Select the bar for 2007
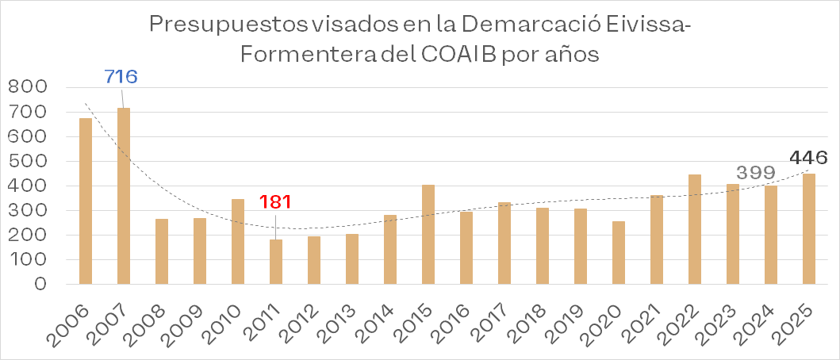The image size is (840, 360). pos(124,196)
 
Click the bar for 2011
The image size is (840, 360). pos(276,262)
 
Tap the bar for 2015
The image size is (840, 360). pos(428,234)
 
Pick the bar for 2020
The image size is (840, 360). pos(618,252)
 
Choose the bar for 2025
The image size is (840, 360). pos(808,228)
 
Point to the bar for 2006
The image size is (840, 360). pos(86,201)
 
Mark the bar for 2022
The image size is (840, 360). pos(694,228)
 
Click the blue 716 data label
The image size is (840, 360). pos(121,77)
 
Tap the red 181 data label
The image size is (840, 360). pos(275,201)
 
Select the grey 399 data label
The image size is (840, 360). pos(756,173)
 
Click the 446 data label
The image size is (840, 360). pos(808,158)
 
